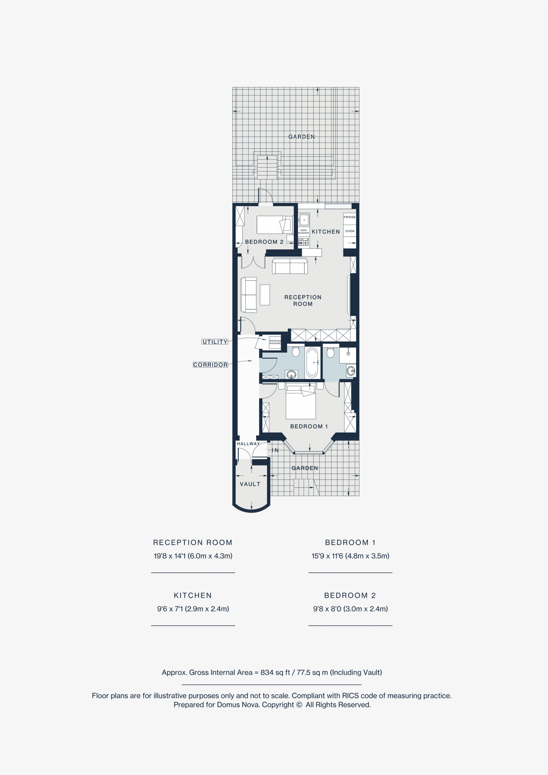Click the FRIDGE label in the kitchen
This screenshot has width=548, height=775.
pos(349,217)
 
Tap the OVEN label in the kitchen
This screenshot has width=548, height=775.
pos(350,231)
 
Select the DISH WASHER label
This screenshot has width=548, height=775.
pos(304,232)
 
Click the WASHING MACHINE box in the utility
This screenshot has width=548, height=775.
pos(275,342)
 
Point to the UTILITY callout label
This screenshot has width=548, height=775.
pos(215,342)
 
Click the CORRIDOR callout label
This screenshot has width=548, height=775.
pos(210,365)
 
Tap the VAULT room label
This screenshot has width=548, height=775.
pos(250,484)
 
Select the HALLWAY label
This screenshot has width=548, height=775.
pos(248,444)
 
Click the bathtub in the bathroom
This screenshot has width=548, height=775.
pos(312,362)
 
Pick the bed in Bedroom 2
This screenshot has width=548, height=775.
pos(275,225)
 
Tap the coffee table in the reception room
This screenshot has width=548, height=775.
pos(265,295)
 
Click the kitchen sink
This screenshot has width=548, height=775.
pos(304,220)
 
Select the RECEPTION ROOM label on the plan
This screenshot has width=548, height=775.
pos(303,300)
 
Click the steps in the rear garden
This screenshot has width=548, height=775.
pos(267,167)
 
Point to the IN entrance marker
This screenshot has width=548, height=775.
pos(275,450)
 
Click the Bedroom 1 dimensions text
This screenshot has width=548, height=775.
pos(350,556)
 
